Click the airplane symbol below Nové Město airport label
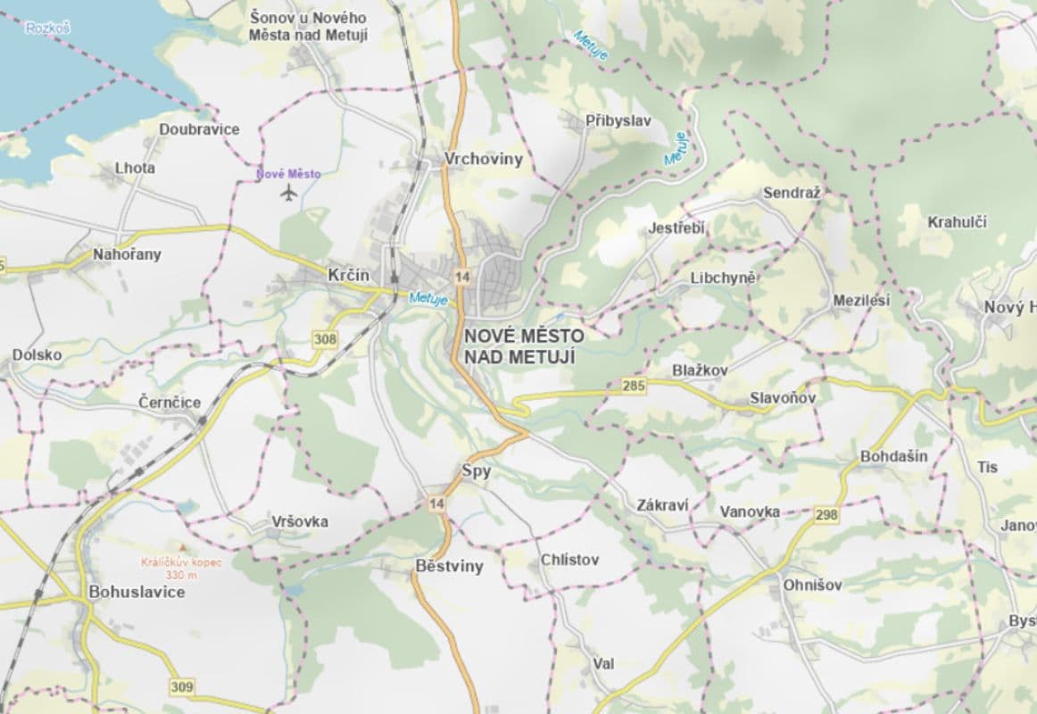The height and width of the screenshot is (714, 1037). pyautogui.click(x=287, y=193)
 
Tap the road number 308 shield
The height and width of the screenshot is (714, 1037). pyautogui.click(x=326, y=339)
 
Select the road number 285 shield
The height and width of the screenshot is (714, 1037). pyautogui.click(x=634, y=386)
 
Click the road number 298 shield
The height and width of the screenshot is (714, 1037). pyautogui.click(x=826, y=515)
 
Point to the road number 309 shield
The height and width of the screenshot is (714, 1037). pyautogui.click(x=181, y=686)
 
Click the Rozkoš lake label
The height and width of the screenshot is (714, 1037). pyautogui.click(x=47, y=29)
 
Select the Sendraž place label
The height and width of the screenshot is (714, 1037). pyautogui.click(x=791, y=193)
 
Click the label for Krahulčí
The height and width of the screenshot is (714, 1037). pyautogui.click(x=957, y=222)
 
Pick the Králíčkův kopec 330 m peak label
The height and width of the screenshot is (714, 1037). pyautogui.click(x=181, y=568)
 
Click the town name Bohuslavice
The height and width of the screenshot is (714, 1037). pyautogui.click(x=137, y=592)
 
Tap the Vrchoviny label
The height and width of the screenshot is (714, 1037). pyautogui.click(x=483, y=160)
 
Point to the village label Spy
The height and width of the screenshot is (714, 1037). pyautogui.click(x=477, y=471)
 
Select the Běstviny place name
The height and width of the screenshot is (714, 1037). pyautogui.click(x=449, y=566)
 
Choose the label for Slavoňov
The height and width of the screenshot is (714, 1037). pyautogui.click(x=783, y=397)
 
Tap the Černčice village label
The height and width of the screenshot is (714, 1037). pyautogui.click(x=170, y=403)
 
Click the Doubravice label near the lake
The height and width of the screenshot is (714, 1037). pyautogui.click(x=199, y=129)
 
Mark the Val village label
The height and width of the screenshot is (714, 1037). pyautogui.click(x=602, y=664)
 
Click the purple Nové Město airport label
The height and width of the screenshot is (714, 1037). pyautogui.click(x=287, y=174)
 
